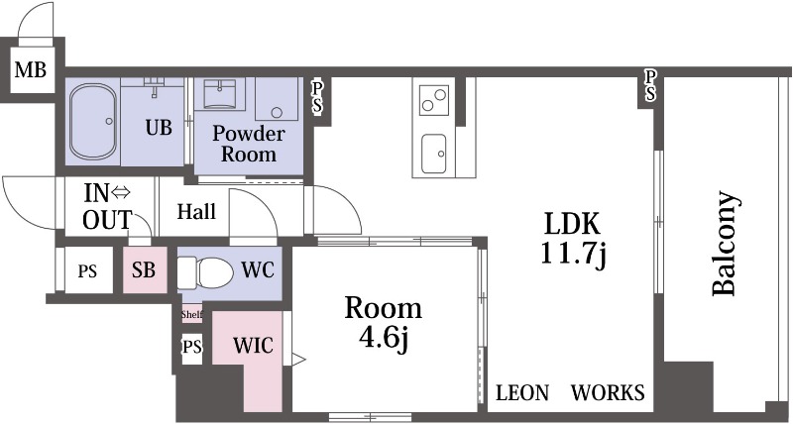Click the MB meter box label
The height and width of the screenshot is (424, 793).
point(31,69)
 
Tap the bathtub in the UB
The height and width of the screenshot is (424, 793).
point(93,121)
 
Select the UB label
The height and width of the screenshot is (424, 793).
point(159,128)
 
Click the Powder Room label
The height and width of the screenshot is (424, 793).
point(249,143)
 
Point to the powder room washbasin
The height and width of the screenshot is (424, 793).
point(220,95)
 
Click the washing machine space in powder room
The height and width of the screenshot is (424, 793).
point(277,99)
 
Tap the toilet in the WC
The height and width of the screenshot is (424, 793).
point(205,272)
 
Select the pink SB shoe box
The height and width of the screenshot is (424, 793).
point(145,270)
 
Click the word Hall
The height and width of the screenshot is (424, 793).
point(196,211)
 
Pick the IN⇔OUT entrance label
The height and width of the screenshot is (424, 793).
point(107,206)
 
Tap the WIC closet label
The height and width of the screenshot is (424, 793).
point(253,346)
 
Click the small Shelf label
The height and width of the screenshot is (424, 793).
point(191,315)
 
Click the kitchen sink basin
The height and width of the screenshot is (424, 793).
point(434,154)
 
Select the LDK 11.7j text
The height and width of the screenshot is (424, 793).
point(573,239)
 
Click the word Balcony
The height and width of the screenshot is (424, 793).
point(726,243)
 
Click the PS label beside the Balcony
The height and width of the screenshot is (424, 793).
point(650,85)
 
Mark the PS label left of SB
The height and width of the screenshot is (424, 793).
point(87,271)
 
